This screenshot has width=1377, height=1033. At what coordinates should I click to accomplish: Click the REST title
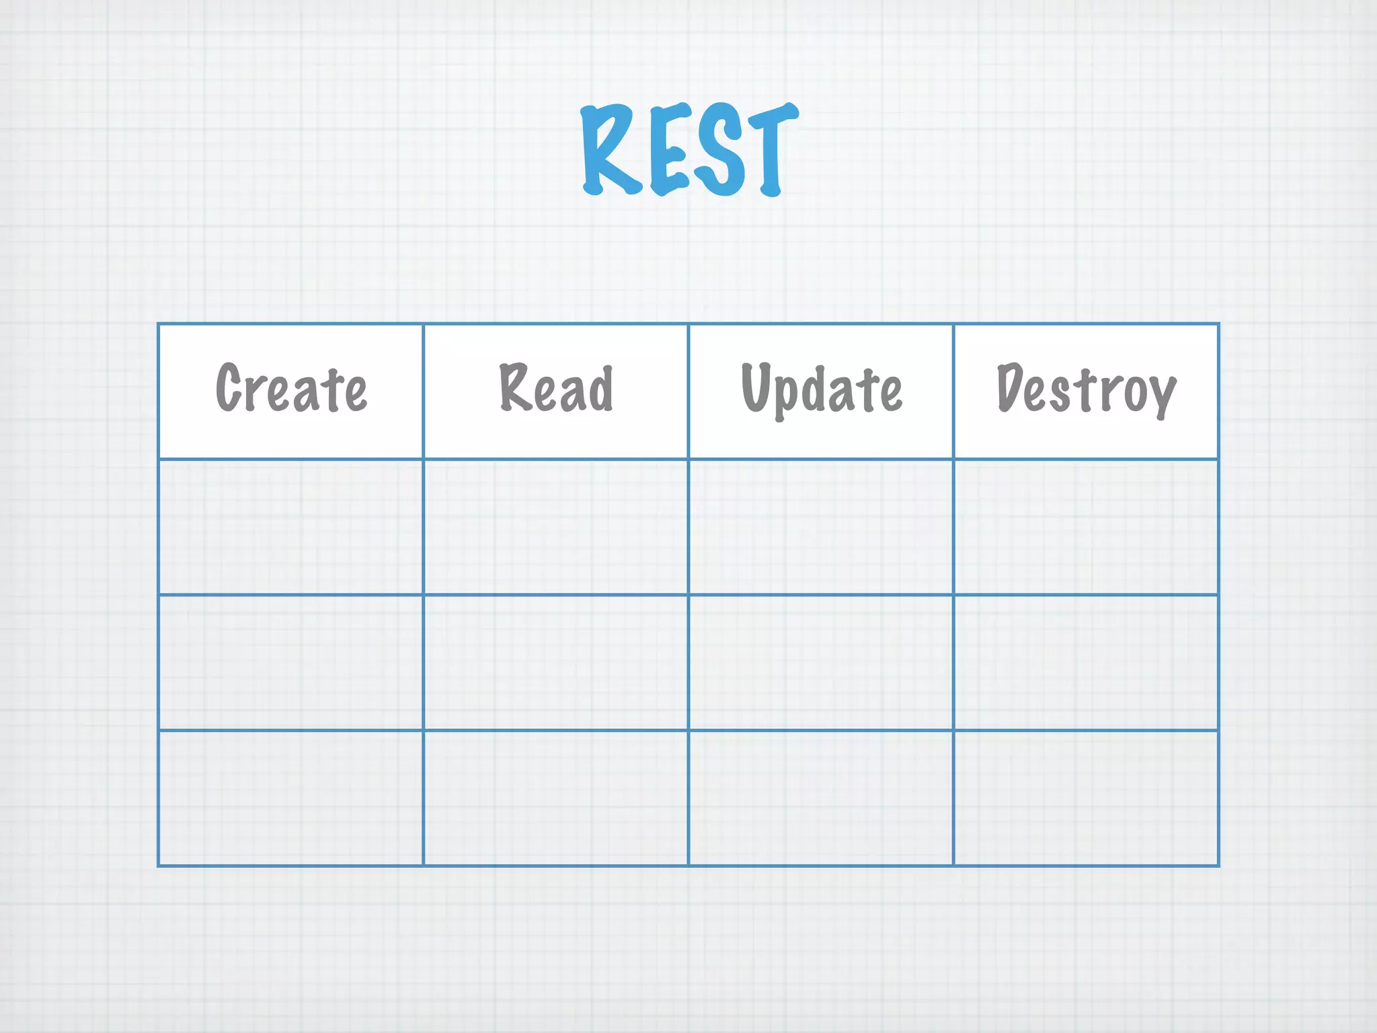point(689,150)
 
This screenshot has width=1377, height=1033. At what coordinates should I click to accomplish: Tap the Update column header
point(821,389)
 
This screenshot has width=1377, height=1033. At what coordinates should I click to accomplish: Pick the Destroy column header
point(1086,389)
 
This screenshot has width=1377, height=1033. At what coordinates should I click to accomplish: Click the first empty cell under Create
point(291,527)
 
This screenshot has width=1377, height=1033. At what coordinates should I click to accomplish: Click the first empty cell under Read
point(556,527)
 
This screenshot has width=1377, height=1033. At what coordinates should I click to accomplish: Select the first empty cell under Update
point(821,527)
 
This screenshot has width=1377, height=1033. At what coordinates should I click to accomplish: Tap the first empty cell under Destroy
point(1086,527)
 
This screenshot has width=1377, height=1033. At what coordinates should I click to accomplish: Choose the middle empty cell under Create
point(291,662)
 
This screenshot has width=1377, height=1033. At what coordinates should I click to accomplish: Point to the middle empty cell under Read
point(556,662)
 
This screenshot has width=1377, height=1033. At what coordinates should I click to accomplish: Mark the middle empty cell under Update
point(821,662)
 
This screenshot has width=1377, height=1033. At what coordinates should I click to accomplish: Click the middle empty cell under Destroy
point(1086,662)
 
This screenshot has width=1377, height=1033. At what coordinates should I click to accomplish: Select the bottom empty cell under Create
point(291,798)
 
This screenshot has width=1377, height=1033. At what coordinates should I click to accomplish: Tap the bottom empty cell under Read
point(556,798)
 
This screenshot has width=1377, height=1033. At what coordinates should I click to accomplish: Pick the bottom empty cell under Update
point(821,798)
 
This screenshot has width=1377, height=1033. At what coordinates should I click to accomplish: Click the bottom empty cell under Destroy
point(1086,798)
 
